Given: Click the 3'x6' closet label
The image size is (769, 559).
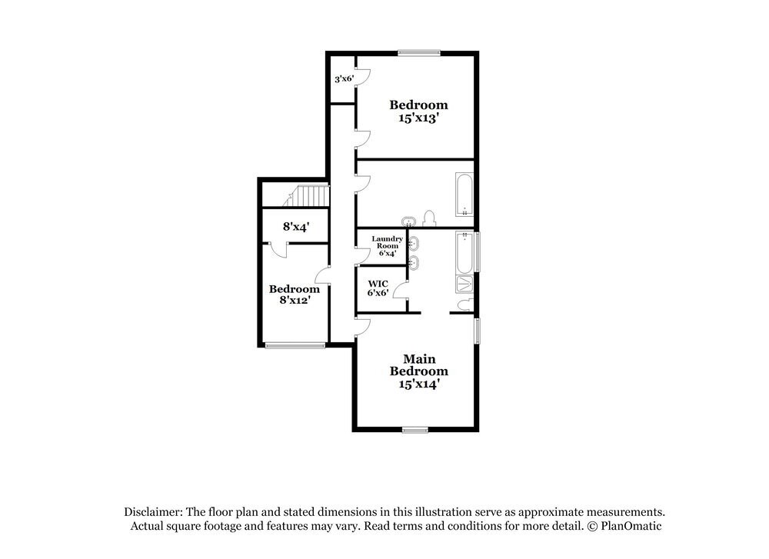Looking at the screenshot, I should pyautogui.click(x=343, y=78).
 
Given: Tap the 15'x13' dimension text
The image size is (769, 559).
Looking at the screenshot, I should pyautogui.click(x=418, y=119).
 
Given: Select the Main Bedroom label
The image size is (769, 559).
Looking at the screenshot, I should pyautogui.click(x=418, y=365).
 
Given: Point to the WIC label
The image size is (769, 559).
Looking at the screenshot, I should pyautogui.click(x=377, y=284).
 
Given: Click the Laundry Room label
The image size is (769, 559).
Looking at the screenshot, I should pyautogui.click(x=387, y=245).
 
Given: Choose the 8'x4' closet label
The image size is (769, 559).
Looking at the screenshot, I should pyautogui.click(x=295, y=227).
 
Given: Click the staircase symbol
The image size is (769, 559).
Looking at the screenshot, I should pyautogui.click(x=306, y=196).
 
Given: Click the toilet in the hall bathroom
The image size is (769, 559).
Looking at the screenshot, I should pyautogui.click(x=431, y=217).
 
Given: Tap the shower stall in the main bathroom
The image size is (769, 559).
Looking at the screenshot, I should pyautogui.click(x=465, y=284).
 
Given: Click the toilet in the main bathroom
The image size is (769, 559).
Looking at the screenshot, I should pyautogui.click(x=464, y=305).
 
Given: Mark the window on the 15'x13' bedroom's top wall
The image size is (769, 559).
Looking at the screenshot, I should pyautogui.click(x=419, y=53).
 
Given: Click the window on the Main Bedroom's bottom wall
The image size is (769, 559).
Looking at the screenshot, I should pyautogui.click(x=414, y=430).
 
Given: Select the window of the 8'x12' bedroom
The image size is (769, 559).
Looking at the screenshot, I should pyautogui.click(x=295, y=346).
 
